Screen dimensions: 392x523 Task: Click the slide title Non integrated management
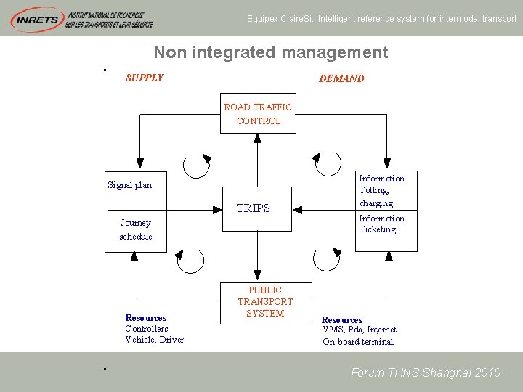270,52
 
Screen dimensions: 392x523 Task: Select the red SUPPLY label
145,78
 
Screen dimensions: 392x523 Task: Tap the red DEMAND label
341,78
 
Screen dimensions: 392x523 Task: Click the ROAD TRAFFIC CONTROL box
258,113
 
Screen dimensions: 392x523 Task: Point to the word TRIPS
253,208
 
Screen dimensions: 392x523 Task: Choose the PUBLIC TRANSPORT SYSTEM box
265,302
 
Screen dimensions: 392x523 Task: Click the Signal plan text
129,185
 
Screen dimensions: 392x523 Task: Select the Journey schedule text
136,229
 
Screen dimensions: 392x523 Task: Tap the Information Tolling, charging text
382,190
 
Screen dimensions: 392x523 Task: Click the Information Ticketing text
381,224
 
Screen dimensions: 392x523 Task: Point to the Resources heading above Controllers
145,318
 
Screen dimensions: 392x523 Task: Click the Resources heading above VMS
342,320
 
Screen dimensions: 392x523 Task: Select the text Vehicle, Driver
154,340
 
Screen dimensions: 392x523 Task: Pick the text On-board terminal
359,342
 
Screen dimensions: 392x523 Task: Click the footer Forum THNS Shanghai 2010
426,372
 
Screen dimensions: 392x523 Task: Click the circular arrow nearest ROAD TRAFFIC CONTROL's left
197,166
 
